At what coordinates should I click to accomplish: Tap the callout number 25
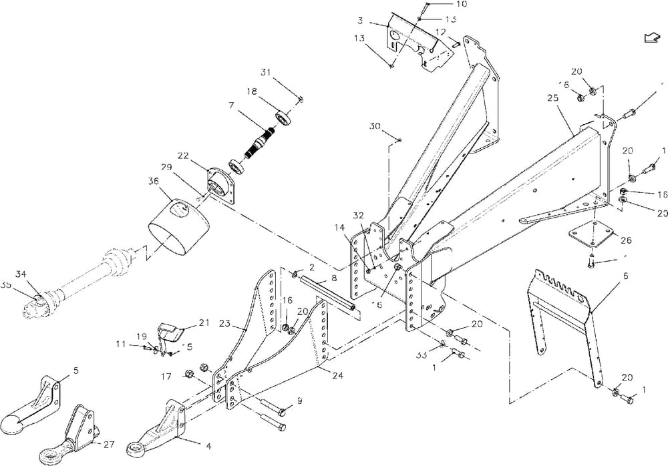tap(552, 97)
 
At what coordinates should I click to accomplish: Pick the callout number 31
tap(266, 72)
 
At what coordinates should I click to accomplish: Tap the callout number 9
tap(300, 401)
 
